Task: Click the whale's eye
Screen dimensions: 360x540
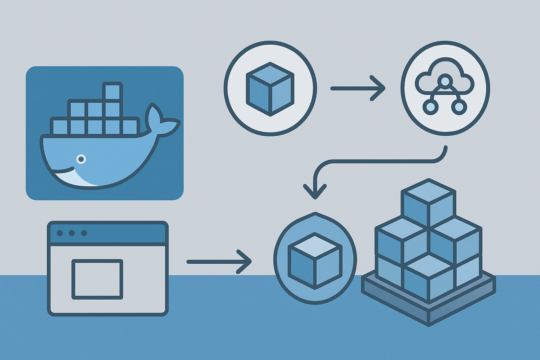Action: click(x=81, y=159)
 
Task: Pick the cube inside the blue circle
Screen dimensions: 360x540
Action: click(x=315, y=261)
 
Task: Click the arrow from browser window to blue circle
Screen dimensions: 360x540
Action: click(x=219, y=262)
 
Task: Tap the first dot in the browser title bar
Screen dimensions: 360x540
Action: click(x=60, y=233)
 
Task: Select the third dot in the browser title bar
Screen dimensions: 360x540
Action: click(x=84, y=233)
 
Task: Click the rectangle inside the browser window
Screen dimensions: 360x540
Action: click(x=97, y=279)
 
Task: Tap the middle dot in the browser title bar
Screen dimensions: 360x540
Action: click(x=72, y=233)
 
